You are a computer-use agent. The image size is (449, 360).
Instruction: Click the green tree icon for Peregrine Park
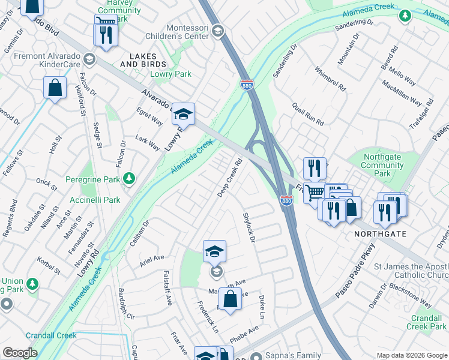click(128, 178)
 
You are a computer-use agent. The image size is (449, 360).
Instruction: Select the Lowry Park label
click(170, 74)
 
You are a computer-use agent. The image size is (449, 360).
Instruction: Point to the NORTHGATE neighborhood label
click(380, 233)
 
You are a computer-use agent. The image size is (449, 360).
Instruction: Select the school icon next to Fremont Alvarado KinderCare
click(89, 58)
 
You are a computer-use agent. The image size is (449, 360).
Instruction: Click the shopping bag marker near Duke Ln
click(229, 298)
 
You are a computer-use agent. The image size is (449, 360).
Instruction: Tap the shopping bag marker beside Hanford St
click(55, 88)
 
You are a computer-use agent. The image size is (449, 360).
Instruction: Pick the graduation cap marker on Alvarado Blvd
click(184, 113)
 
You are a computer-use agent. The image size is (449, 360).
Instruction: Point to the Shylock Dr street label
click(249, 227)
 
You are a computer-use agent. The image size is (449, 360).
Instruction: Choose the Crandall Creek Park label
click(426, 322)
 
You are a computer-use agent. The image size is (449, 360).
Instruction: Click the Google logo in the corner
click(19, 353)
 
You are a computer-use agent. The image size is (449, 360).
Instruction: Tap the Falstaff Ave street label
click(168, 287)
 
